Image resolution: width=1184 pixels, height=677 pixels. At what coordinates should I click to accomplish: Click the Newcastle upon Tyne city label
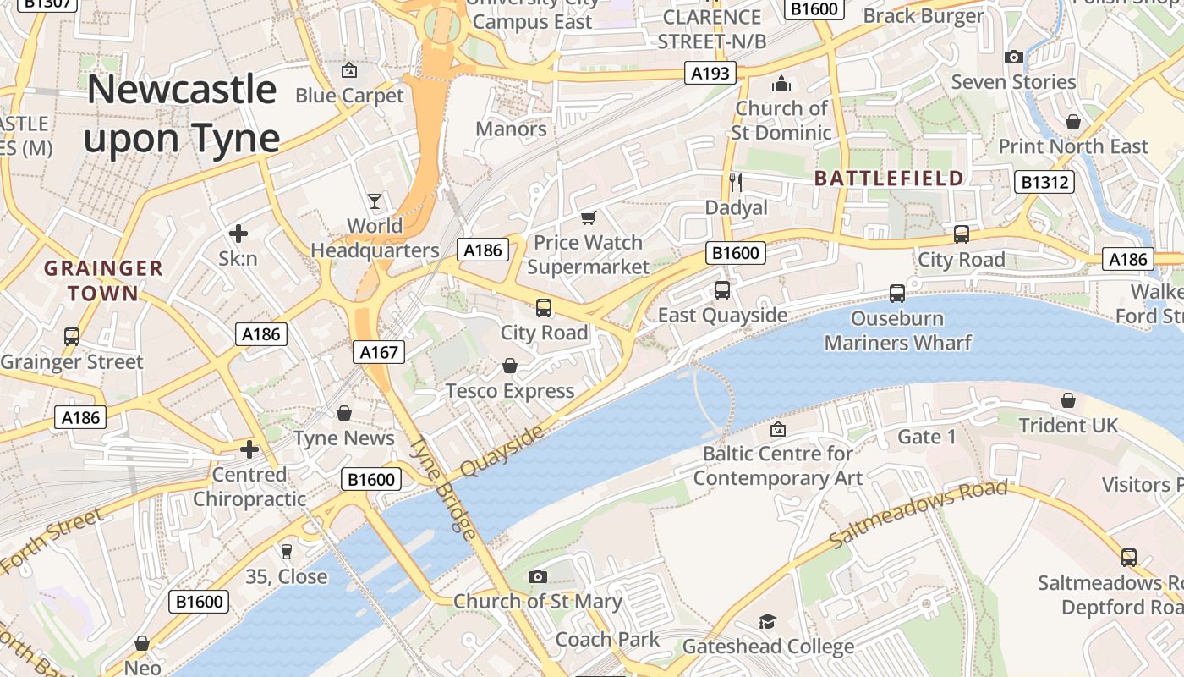click(x=182, y=113)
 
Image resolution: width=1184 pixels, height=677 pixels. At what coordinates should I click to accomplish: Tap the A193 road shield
click(x=710, y=74)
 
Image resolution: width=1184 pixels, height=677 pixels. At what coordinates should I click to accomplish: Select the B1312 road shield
click(x=1044, y=182)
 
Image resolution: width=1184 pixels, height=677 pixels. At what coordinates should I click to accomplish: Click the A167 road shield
click(x=378, y=352)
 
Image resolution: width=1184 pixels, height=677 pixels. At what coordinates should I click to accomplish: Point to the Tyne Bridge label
click(x=443, y=488)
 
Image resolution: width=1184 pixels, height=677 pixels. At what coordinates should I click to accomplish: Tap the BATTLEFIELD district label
click(x=889, y=179)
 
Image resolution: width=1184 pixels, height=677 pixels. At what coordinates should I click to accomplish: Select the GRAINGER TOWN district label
click(x=103, y=281)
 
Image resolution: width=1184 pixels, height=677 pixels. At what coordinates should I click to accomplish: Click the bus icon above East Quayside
click(x=722, y=290)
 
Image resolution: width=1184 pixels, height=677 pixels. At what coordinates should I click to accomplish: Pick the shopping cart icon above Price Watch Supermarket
click(x=588, y=218)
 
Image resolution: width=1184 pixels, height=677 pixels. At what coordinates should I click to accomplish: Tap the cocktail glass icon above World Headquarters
click(x=375, y=201)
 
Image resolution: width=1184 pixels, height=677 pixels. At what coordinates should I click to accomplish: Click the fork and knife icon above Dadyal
click(x=736, y=182)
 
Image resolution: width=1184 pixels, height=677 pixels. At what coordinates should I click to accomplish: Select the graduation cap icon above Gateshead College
click(x=767, y=622)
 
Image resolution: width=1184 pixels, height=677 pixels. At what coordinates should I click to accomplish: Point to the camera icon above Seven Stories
click(x=1013, y=58)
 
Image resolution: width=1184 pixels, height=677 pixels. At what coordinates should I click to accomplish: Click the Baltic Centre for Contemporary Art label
click(x=777, y=465)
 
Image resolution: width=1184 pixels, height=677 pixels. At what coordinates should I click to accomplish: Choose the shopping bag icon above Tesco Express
click(x=510, y=366)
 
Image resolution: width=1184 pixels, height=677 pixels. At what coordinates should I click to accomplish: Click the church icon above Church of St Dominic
click(x=781, y=84)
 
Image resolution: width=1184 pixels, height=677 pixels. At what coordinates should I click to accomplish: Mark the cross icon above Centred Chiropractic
click(x=249, y=449)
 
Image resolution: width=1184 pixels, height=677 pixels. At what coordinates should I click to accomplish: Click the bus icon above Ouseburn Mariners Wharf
click(x=897, y=294)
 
